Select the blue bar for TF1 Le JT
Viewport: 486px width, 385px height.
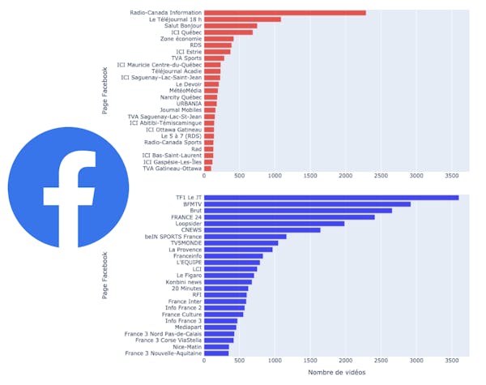point(331,197)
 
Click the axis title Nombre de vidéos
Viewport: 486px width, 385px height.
point(336,372)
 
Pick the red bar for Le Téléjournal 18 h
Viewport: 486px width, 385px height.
point(242,19)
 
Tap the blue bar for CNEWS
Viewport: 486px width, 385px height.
point(262,229)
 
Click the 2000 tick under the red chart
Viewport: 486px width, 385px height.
point(345,176)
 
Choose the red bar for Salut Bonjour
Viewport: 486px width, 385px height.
point(230,25)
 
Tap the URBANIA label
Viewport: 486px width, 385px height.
point(184,103)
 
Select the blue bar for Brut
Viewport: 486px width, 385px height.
point(297,210)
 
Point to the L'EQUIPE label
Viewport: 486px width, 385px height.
point(185,262)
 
